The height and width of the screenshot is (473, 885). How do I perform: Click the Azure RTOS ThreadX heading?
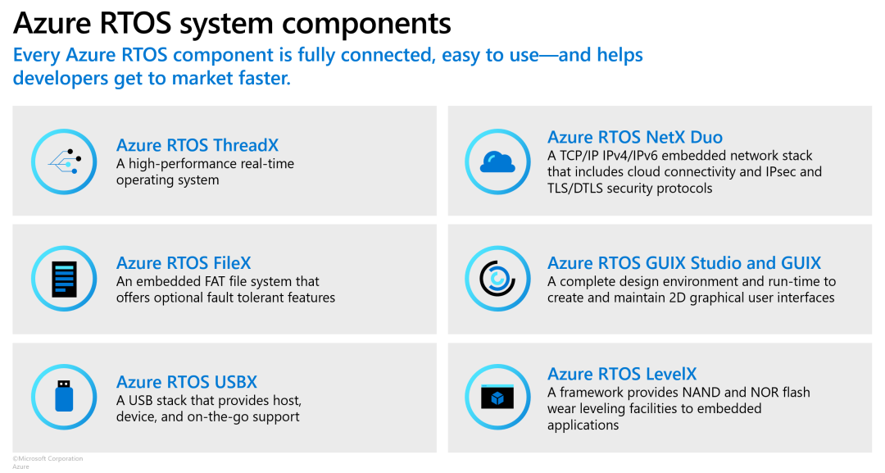197,146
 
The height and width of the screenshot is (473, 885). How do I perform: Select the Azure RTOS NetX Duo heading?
635,137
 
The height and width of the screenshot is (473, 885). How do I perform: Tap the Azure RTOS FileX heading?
184,263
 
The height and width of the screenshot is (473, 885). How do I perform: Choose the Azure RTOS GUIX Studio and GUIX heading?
684,263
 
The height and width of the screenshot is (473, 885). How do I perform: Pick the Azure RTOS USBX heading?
187,382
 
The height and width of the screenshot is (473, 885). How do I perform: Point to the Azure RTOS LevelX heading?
622,374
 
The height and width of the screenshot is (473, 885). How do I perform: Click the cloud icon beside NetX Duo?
497,162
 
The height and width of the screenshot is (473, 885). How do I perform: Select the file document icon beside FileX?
64,279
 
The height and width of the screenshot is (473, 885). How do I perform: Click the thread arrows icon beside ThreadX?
64,161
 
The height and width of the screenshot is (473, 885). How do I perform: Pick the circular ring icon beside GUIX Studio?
497,279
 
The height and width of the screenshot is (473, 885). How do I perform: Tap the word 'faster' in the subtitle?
261,79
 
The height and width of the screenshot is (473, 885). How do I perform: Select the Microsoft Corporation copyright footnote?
48,458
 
